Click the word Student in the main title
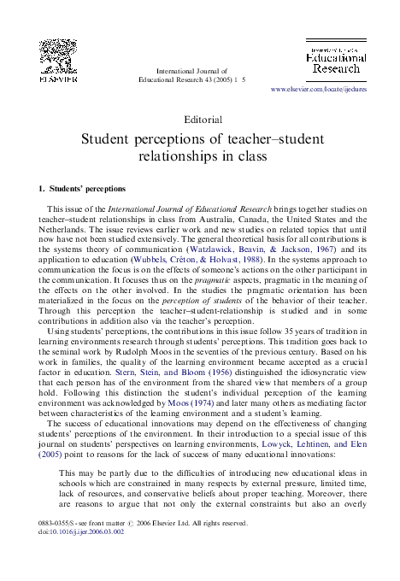pos(109,139)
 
